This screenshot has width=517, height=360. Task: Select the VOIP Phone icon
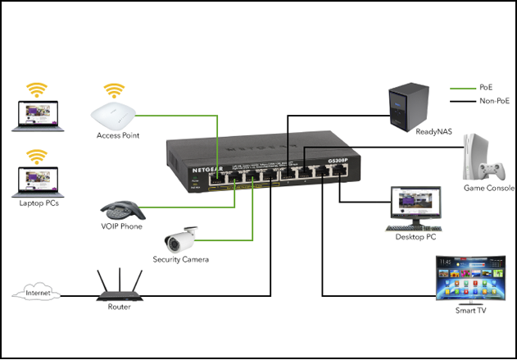tap(120, 206)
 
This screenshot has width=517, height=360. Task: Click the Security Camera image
tap(179, 239)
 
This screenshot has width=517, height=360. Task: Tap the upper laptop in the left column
tap(35, 116)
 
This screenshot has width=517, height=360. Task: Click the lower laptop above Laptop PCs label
tap(35, 182)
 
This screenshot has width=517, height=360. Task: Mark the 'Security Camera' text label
tap(180, 259)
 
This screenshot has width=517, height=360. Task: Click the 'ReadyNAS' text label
tap(410, 131)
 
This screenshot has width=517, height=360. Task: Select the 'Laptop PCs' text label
tap(38, 202)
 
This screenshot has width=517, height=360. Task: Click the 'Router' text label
tap(119, 307)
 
